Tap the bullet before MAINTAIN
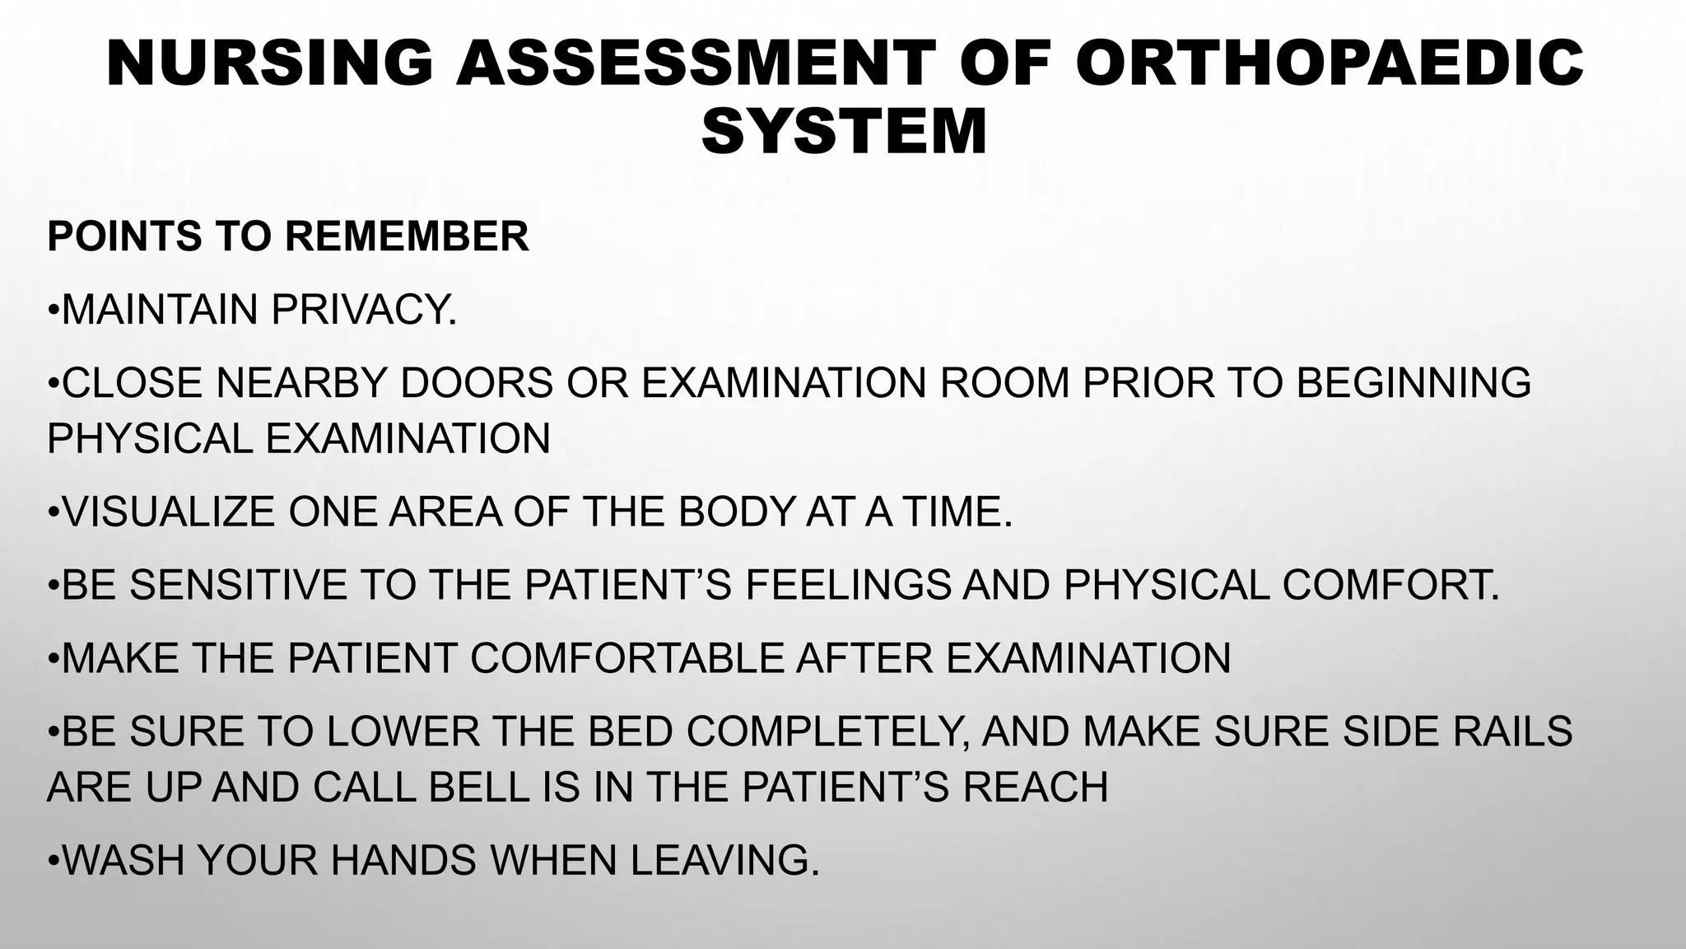click(54, 311)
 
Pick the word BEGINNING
click(1414, 383)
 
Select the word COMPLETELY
click(826, 732)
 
